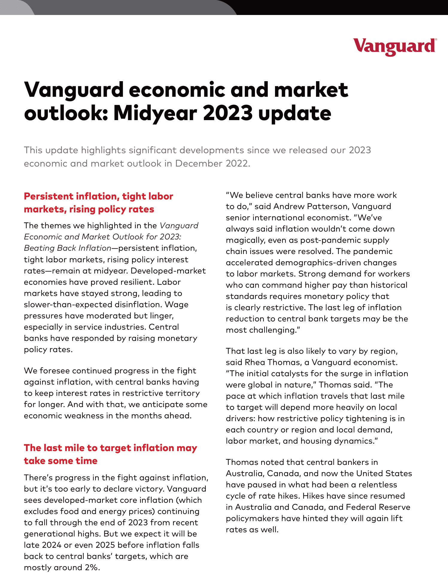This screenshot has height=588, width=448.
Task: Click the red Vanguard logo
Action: (395, 47)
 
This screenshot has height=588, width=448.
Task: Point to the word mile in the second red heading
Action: (75, 448)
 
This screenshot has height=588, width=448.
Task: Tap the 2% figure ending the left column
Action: (91, 567)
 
